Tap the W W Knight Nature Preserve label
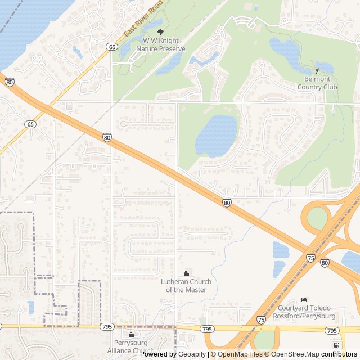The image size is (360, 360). (x=160, y=45)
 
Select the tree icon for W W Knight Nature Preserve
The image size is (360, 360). (x=161, y=32)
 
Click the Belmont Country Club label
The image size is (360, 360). (x=317, y=83)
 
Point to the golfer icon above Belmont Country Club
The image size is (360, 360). (x=317, y=70)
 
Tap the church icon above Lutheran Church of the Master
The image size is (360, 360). (x=186, y=273)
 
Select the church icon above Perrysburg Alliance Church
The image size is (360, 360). (x=130, y=335)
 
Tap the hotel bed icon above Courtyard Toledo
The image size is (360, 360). (x=304, y=299)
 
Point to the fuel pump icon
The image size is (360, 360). (x=336, y=345)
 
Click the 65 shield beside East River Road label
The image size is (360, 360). (x=112, y=47)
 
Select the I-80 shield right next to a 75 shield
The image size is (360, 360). (x=325, y=262)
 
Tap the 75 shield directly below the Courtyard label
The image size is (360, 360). (x=260, y=319)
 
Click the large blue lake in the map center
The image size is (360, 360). (x=217, y=135)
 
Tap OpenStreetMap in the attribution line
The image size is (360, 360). (x=295, y=354)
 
